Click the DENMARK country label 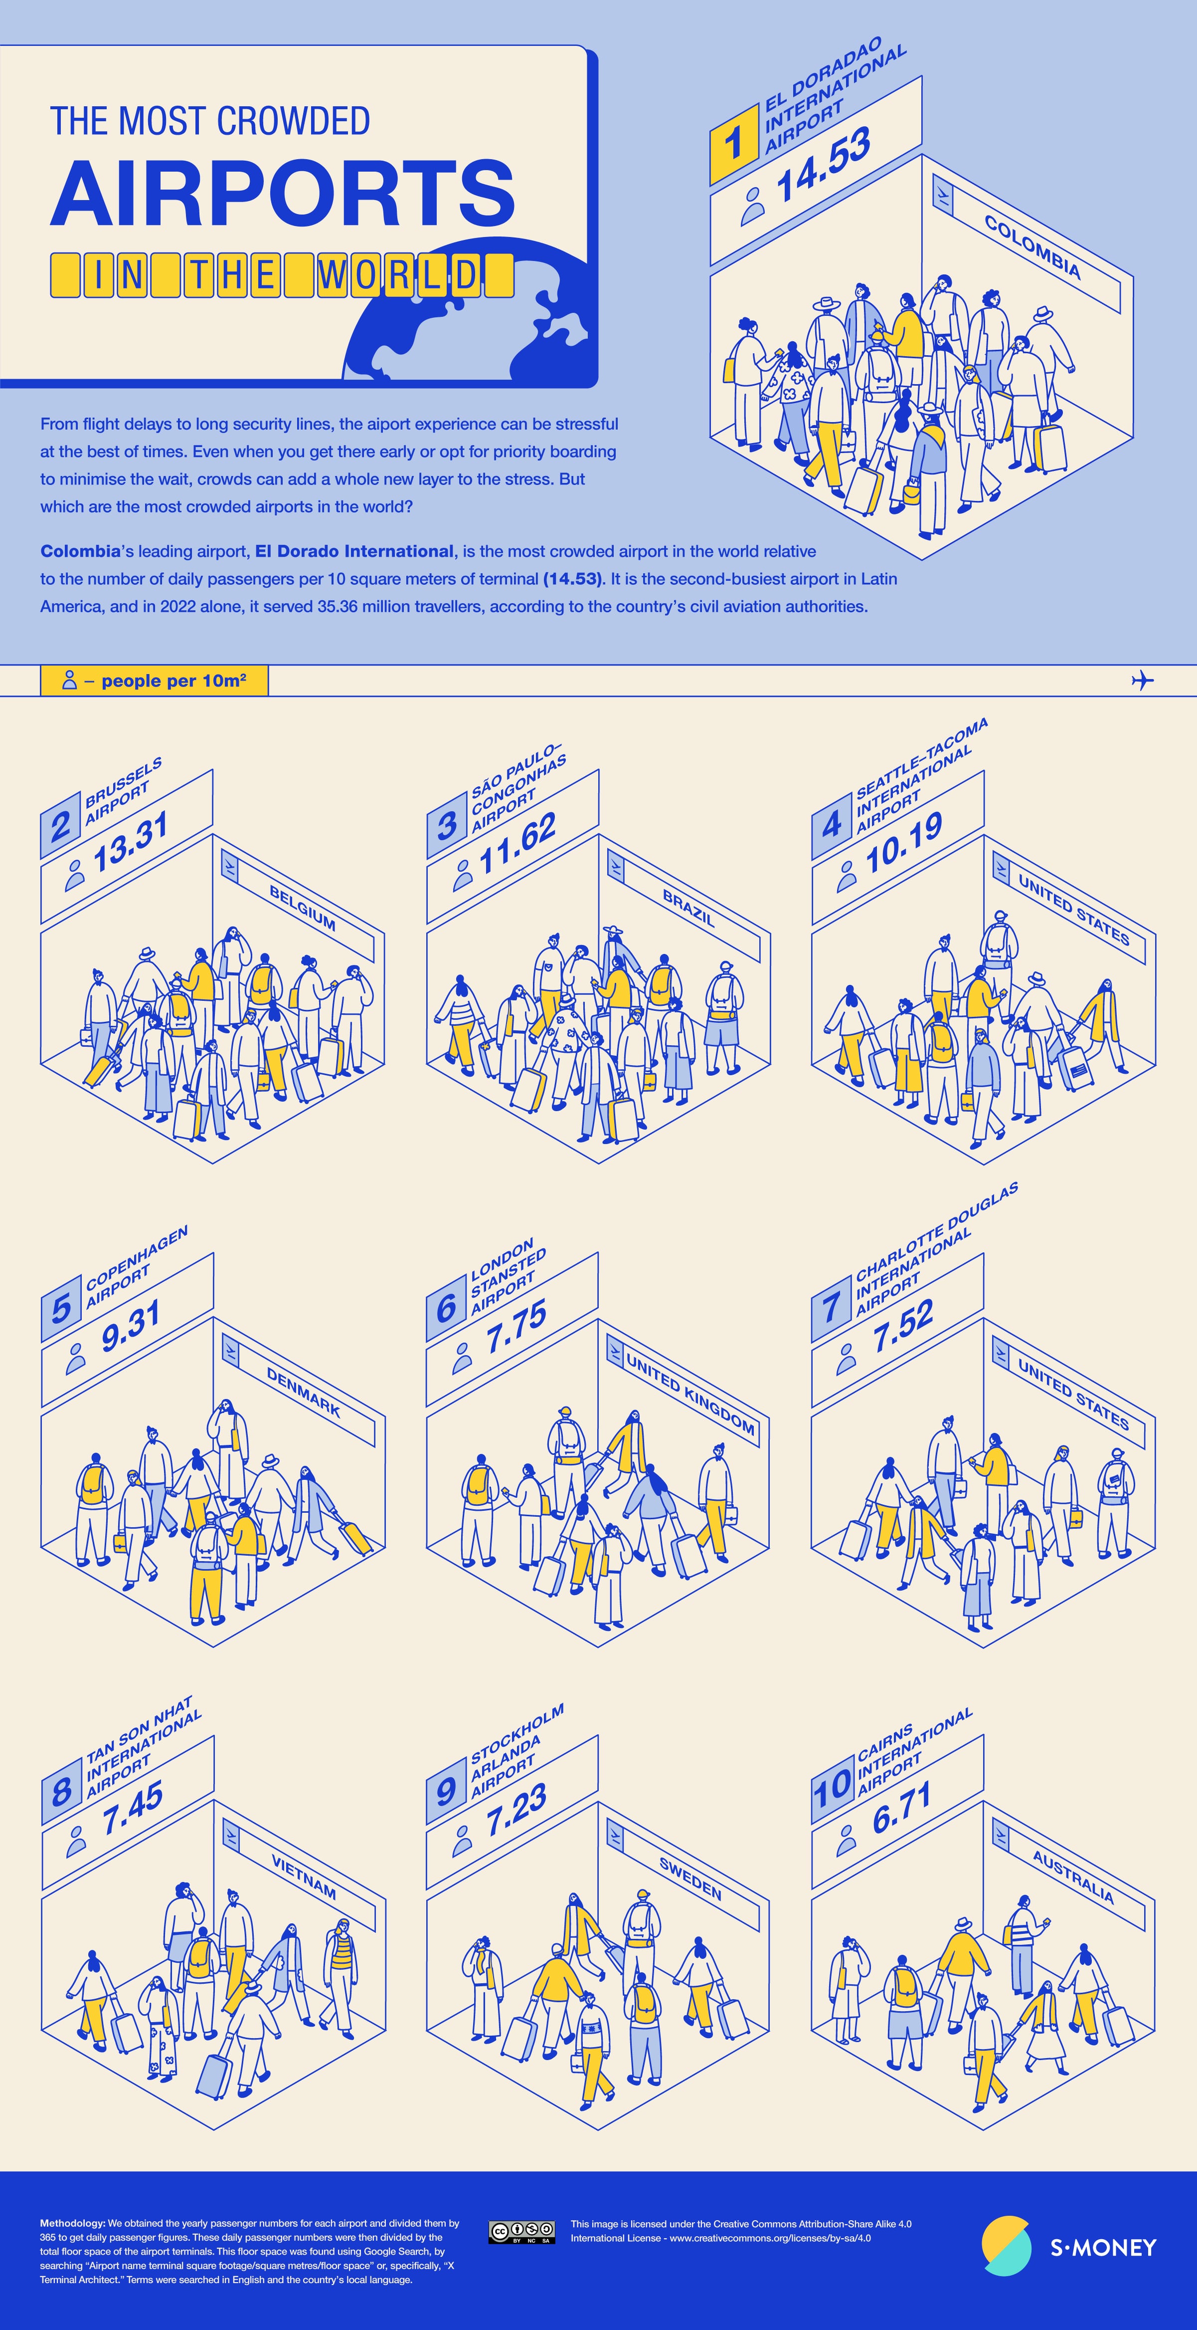303,1391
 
